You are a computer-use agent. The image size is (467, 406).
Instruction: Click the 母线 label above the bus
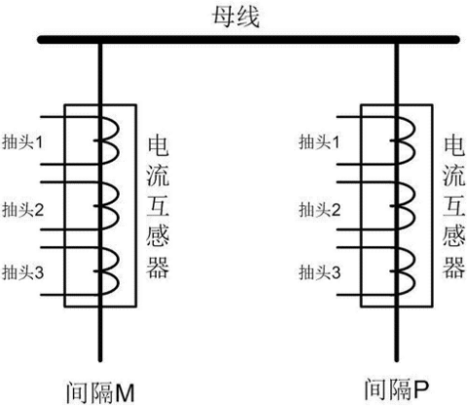pyautogui.click(x=236, y=17)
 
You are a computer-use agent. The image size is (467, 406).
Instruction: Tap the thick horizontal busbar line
pyautogui.click(x=248, y=40)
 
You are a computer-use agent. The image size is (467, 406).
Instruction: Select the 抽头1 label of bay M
pyautogui.click(x=22, y=142)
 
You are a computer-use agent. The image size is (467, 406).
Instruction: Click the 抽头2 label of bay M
pyautogui.click(x=22, y=209)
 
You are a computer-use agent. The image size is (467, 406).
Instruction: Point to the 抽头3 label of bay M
pyautogui.click(x=22, y=272)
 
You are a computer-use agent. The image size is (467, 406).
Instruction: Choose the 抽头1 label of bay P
pyautogui.click(x=319, y=142)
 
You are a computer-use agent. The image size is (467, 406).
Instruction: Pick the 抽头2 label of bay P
pyautogui.click(x=319, y=209)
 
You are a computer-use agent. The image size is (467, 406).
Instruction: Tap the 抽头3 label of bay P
pyautogui.click(x=319, y=272)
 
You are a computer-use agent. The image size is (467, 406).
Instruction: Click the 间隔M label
pyautogui.click(x=100, y=392)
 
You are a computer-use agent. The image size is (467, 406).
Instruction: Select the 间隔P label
pyautogui.click(x=396, y=388)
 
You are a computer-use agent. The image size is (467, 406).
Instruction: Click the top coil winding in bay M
pyautogui.click(x=118, y=140)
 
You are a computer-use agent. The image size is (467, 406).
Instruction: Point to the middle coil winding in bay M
pyautogui.click(x=118, y=205)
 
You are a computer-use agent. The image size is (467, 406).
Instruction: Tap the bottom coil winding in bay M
pyautogui.click(x=118, y=272)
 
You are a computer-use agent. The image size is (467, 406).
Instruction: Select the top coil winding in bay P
pyautogui.click(x=413, y=140)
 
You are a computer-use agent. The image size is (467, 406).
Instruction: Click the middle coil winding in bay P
pyautogui.click(x=413, y=205)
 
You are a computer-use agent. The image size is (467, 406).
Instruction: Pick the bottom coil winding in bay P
pyautogui.click(x=413, y=272)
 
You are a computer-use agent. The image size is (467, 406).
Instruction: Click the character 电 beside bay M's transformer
pyautogui.click(x=158, y=146)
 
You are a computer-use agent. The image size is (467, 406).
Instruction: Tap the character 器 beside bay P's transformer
pyautogui.click(x=454, y=267)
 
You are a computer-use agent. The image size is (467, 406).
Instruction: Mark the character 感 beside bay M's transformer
pyautogui.click(x=158, y=237)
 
